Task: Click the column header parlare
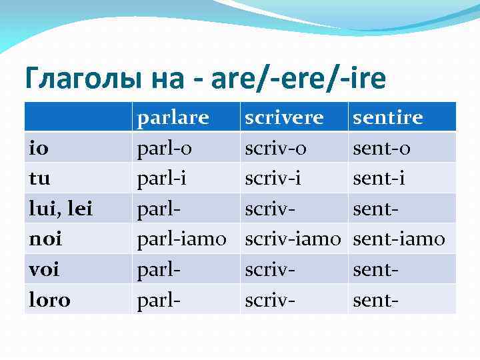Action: point(173,117)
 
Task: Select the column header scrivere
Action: point(284,117)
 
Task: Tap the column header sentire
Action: point(387,117)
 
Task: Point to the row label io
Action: point(39,148)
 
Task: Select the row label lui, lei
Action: point(60,209)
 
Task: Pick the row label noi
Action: point(44,239)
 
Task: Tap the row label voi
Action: point(43,269)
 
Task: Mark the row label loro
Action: point(49,299)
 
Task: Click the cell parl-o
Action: point(164,148)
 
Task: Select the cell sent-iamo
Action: point(398,239)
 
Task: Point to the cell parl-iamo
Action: point(182,239)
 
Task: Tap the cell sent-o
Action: point(381,148)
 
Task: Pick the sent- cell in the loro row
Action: point(375,299)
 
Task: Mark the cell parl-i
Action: point(161,179)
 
